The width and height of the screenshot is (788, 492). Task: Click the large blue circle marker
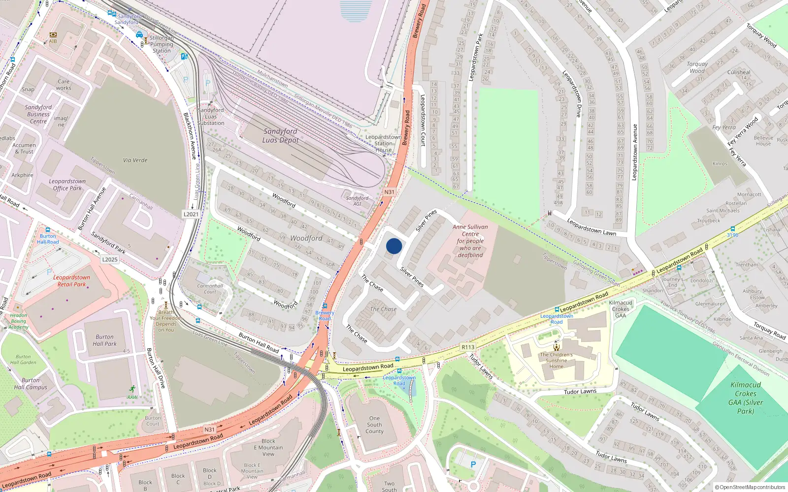pyautogui.click(x=394, y=246)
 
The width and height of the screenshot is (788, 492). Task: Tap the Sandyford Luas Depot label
pyautogui.click(x=280, y=135)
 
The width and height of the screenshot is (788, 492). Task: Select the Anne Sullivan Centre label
pyautogui.click(x=470, y=241)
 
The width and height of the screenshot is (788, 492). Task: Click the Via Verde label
pyautogui.click(x=135, y=160)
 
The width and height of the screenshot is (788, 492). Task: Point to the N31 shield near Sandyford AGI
pyautogui.click(x=390, y=192)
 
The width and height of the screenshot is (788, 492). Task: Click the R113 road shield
pyautogui.click(x=468, y=347)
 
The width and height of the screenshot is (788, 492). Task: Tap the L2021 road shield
pyautogui.click(x=191, y=214)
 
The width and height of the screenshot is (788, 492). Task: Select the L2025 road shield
pyautogui.click(x=110, y=259)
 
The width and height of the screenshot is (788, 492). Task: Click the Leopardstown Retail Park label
pyautogui.click(x=72, y=280)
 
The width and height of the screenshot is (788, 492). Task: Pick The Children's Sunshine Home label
pyautogui.click(x=556, y=360)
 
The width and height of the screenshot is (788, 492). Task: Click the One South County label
pyautogui.click(x=374, y=425)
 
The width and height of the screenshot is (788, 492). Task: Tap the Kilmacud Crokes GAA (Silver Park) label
pyautogui.click(x=746, y=398)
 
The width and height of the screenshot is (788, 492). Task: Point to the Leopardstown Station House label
pyautogui.click(x=383, y=144)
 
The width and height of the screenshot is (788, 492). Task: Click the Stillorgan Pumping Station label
pyautogui.click(x=162, y=44)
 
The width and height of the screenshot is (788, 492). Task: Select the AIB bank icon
pyautogui.click(x=53, y=35)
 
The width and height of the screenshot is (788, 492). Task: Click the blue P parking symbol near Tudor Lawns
pyautogui.click(x=473, y=464)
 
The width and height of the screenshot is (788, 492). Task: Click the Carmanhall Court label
pyautogui.click(x=210, y=288)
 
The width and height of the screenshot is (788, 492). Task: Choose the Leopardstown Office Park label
pyautogui.click(x=67, y=184)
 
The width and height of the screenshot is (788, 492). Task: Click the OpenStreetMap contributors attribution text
pyautogui.click(x=750, y=487)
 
